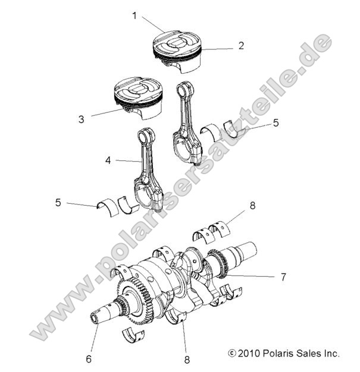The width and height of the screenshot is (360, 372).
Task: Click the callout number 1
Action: [134, 16]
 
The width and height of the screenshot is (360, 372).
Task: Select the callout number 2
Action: [241, 45]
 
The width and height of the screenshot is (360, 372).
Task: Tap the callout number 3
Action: [81, 119]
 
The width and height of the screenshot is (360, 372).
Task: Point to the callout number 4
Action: [108, 160]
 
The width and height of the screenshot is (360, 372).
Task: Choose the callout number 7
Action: [283, 277]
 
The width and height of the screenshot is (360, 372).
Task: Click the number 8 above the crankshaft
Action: [252, 207]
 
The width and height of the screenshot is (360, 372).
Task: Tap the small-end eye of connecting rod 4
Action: [146, 136]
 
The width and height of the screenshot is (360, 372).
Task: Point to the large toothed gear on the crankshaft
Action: [135, 301]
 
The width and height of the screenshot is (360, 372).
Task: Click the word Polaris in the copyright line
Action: [276, 353]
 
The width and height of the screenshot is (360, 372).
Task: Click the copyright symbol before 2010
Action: [232, 353]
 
